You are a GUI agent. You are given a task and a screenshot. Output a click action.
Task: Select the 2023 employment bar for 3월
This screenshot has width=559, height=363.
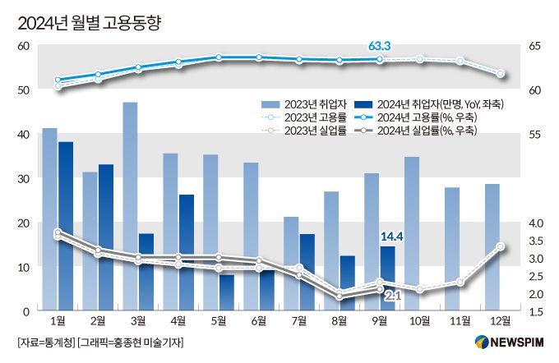click(130, 205)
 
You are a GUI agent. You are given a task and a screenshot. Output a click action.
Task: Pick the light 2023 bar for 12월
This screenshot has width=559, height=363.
click(492, 246)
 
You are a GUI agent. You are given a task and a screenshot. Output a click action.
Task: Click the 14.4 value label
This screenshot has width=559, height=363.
click(391, 237)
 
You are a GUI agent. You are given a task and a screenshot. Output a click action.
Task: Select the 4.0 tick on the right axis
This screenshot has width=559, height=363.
click(535, 223)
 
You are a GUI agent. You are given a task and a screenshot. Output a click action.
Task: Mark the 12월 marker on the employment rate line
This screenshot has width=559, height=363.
click(500, 74)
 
